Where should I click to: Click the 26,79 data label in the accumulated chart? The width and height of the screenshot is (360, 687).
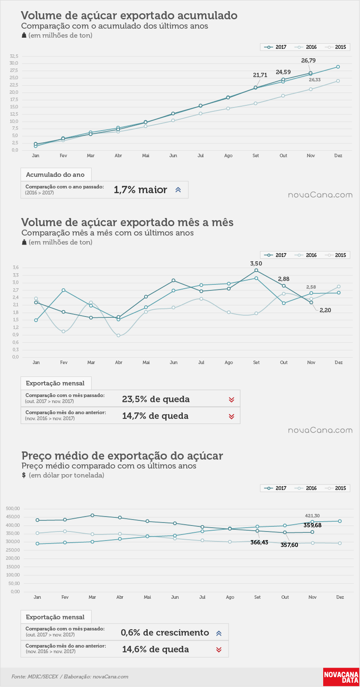(308, 60)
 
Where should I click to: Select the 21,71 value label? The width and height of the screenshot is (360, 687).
(260, 75)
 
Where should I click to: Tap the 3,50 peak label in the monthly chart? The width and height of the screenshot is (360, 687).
(256, 263)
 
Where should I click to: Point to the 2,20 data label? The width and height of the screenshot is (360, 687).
(325, 310)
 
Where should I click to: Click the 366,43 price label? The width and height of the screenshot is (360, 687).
(259, 542)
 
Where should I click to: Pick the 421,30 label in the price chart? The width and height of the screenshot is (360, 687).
(312, 516)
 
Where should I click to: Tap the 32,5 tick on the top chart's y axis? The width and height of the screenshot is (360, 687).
(14, 56)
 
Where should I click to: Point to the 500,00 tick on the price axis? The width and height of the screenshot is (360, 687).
(13, 508)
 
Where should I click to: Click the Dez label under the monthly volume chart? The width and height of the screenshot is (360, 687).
(339, 362)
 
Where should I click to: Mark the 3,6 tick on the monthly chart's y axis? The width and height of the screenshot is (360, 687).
(16, 267)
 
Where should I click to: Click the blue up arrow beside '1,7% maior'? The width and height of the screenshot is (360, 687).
(178, 190)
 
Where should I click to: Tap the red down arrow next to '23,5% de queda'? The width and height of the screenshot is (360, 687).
(232, 399)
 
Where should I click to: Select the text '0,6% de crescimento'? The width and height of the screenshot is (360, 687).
(165, 633)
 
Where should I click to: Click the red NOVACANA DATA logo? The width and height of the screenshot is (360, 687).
(341, 677)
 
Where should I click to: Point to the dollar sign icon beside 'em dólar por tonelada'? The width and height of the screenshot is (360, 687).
(24, 475)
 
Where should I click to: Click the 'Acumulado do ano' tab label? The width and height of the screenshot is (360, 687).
(55, 174)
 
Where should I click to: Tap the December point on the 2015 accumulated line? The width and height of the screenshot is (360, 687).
(338, 81)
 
